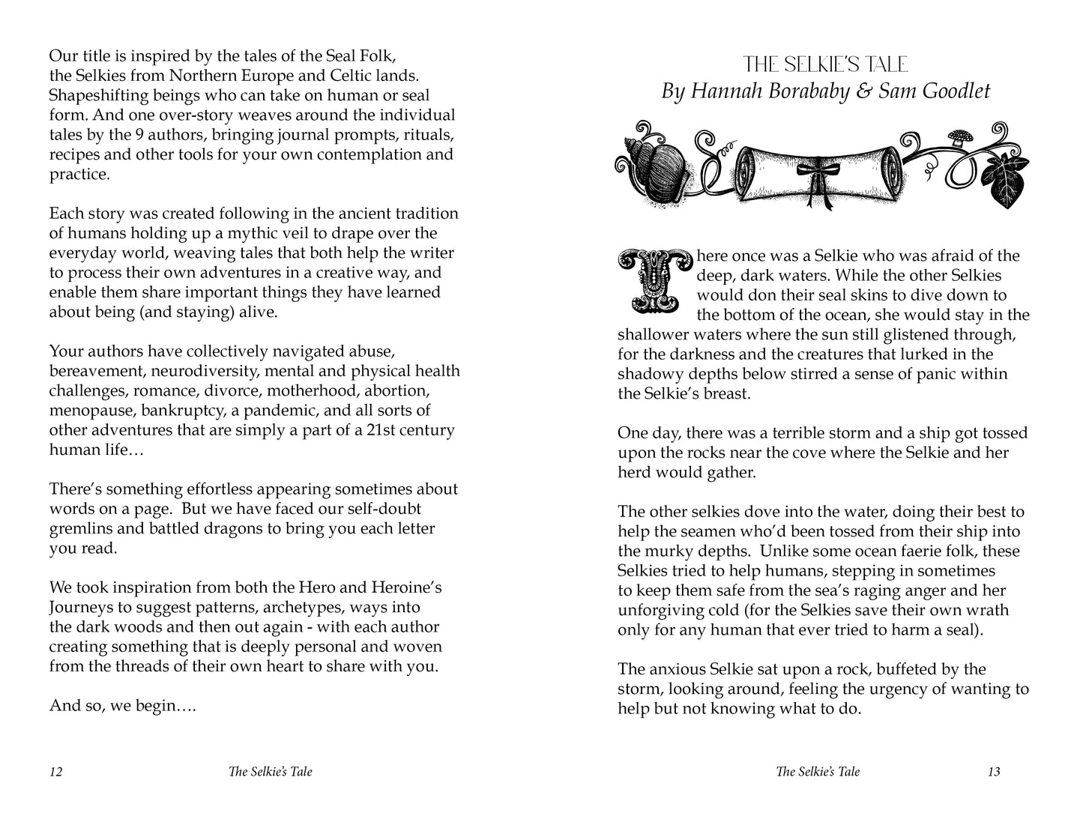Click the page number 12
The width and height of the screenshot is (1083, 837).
(55, 772)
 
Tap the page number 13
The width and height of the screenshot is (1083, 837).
(994, 772)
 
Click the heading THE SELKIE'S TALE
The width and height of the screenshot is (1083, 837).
(825, 64)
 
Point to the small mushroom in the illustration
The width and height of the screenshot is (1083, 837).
(956, 139)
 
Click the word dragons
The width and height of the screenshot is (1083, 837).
(226, 528)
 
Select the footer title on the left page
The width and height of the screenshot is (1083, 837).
(271, 772)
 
